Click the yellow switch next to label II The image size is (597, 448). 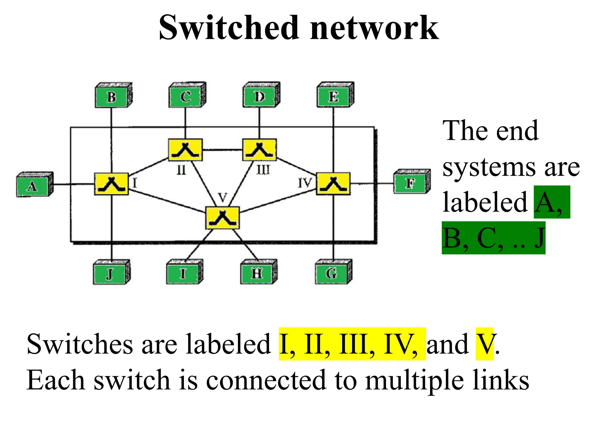point(185,150)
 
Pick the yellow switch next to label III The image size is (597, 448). point(259,150)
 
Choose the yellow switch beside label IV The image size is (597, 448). point(333,184)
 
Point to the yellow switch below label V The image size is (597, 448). point(222,218)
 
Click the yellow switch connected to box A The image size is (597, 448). point(111,184)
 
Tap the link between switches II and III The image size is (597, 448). point(222,150)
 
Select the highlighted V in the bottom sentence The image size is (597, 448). point(484,344)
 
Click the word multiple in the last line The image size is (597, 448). point(414,380)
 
